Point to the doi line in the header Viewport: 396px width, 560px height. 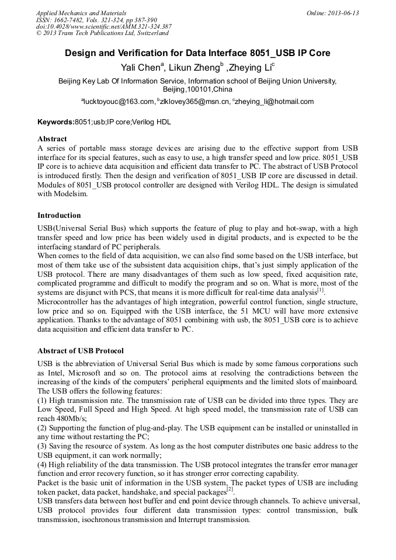click(103, 26)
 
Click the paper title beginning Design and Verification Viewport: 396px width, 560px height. click(197, 53)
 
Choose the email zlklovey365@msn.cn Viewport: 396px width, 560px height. click(194, 102)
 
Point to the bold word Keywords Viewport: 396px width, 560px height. click(55, 123)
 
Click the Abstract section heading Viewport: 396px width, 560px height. click(52, 139)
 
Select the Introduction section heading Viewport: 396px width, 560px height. click(59, 215)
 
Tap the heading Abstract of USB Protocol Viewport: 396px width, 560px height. click(81, 351)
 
